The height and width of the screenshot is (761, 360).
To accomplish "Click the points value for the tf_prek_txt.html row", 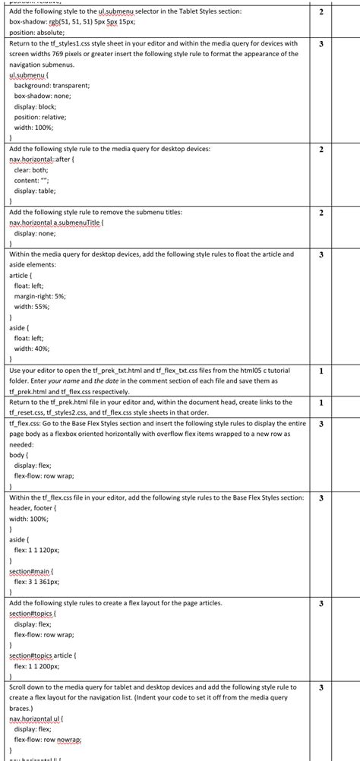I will click(322, 370).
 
